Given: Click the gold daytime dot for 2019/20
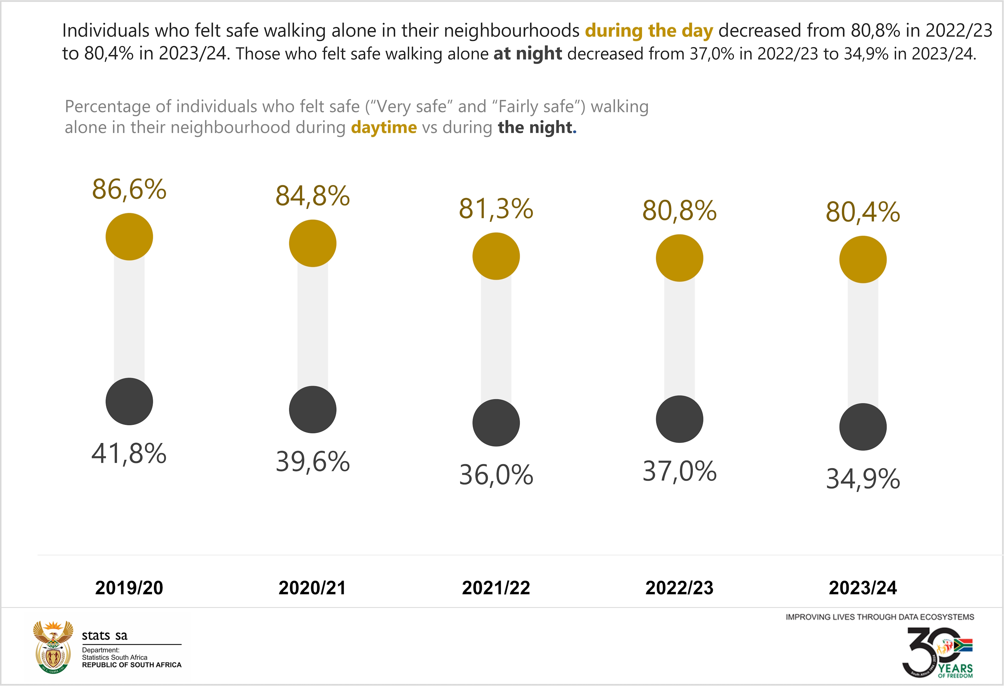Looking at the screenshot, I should [x=129, y=236].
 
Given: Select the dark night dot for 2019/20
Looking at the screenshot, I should [x=129, y=401].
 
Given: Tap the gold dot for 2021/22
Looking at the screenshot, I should [x=496, y=256].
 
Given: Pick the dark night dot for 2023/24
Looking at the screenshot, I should [x=863, y=427].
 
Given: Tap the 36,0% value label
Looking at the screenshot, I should [x=496, y=475].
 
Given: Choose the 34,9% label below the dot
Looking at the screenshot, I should [x=863, y=479].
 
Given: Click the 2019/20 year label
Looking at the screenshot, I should [x=129, y=588].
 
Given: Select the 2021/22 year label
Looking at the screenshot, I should [x=496, y=588].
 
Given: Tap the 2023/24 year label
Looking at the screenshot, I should [x=863, y=588].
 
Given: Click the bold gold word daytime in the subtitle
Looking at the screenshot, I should [x=384, y=128].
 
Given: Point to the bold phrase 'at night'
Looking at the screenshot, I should [x=527, y=54].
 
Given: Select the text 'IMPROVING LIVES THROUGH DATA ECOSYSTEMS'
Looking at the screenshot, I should [x=880, y=617].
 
